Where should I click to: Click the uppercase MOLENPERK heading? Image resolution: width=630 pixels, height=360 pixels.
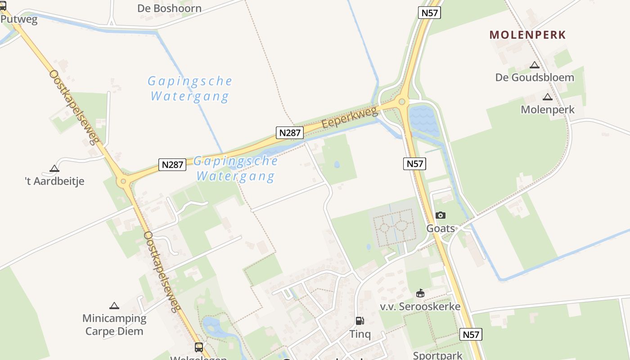[527, 35]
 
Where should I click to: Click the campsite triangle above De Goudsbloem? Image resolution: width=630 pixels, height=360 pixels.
[535, 65]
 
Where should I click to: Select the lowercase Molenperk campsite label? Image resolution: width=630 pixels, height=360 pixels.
[548, 109]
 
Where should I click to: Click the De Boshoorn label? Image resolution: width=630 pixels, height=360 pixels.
[169, 8]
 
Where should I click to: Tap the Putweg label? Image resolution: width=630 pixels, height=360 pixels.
[19, 19]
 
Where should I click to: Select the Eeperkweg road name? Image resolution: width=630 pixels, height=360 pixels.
[350, 118]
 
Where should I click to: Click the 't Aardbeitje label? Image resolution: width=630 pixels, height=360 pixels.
[54, 181]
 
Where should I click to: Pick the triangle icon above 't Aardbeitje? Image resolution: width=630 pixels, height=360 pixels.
[54, 169]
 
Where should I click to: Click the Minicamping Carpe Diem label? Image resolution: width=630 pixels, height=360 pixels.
[114, 325]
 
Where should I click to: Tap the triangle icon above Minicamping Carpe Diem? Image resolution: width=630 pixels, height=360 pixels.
[114, 306]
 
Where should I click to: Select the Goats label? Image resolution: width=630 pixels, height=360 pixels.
[441, 228]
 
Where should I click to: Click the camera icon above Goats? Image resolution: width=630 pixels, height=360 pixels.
[441, 216]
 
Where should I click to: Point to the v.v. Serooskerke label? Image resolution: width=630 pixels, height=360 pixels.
[420, 306]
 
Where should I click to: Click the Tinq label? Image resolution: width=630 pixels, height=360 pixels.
[360, 334]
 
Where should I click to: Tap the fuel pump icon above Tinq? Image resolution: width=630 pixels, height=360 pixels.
[360, 321]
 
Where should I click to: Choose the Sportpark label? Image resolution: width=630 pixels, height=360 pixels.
[438, 355]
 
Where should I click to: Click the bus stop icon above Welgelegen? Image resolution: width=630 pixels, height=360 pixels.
[199, 347]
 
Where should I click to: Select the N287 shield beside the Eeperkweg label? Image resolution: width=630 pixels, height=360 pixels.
[290, 132]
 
